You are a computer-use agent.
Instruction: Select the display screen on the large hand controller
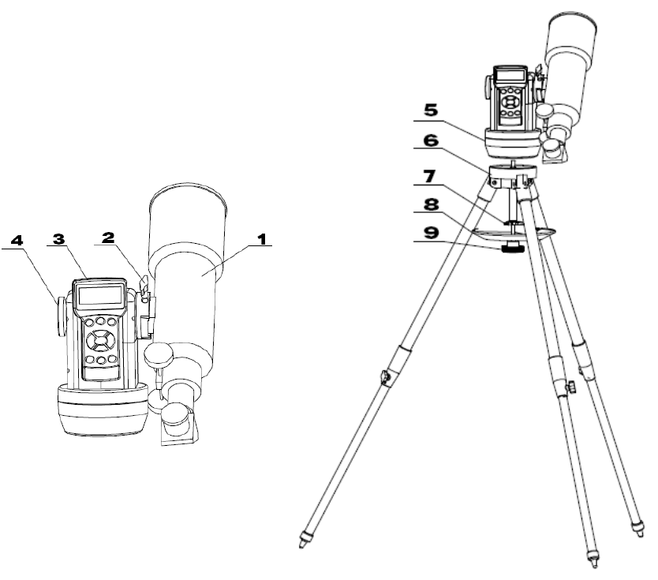click(102, 296)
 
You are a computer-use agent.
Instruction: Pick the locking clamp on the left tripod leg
click(386, 378)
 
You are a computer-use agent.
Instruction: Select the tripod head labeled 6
click(514, 175)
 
